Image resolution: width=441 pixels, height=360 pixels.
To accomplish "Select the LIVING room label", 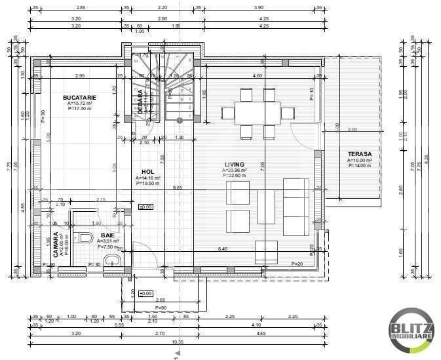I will click(x=233, y=164).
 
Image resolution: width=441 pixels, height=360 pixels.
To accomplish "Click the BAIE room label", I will click(x=107, y=233).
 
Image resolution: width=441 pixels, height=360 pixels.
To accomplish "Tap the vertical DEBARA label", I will click(x=140, y=102).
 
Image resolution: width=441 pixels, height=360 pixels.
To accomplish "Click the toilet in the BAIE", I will click(x=85, y=238).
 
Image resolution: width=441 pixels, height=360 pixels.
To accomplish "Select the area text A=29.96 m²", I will click(x=233, y=170).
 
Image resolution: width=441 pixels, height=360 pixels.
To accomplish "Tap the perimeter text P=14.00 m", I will click(x=360, y=165).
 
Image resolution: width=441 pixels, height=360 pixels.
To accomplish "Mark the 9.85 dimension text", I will click(x=178, y=188).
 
